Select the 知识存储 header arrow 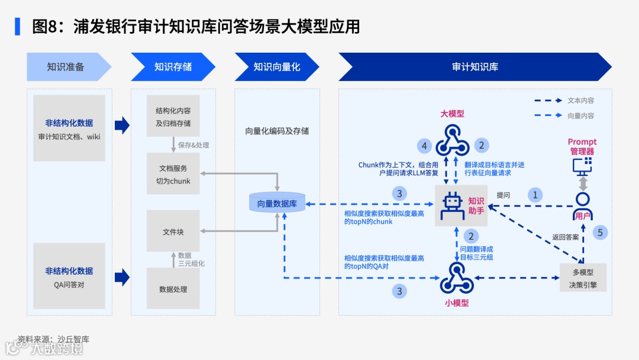click(172, 67)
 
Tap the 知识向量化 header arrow click(276, 67)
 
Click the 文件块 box click(173, 232)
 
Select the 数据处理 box click(173, 289)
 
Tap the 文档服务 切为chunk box click(173, 174)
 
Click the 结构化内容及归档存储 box click(173, 117)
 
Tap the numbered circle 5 click(600, 233)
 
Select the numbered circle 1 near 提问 click(535, 195)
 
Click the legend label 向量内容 click(580, 116)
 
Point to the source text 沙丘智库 click(73, 339)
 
